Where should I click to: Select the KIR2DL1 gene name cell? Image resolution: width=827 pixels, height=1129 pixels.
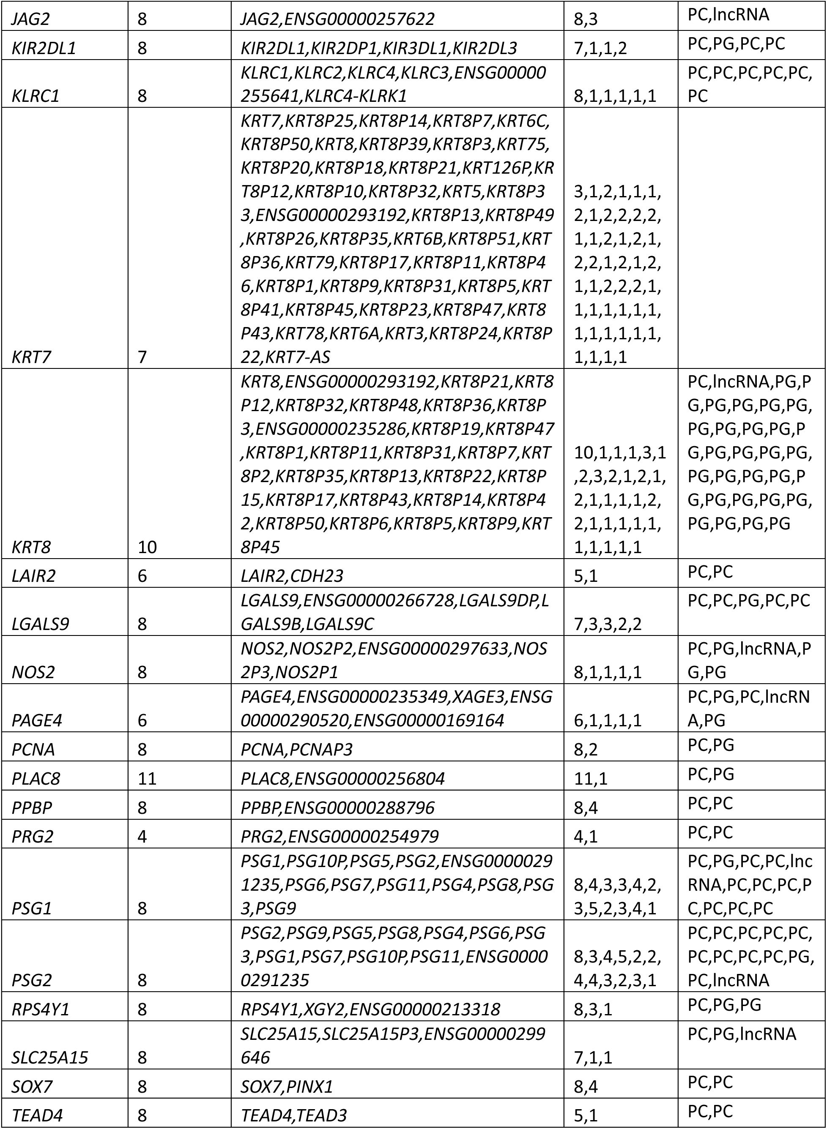(x=44, y=49)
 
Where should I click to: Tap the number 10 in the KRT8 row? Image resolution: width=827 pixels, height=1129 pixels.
(x=147, y=547)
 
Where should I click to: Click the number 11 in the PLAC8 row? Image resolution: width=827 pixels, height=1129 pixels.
(x=147, y=778)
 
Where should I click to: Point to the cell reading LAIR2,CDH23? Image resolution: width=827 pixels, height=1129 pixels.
(x=292, y=576)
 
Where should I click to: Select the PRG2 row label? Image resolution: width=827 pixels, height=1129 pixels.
(x=33, y=836)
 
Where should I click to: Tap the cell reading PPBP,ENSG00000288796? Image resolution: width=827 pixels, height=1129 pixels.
(x=337, y=807)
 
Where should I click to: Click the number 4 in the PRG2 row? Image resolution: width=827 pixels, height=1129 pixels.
(x=142, y=836)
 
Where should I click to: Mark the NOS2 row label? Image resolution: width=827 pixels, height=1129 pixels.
(x=33, y=672)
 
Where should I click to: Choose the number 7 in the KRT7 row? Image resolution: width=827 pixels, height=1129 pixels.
(x=142, y=357)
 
